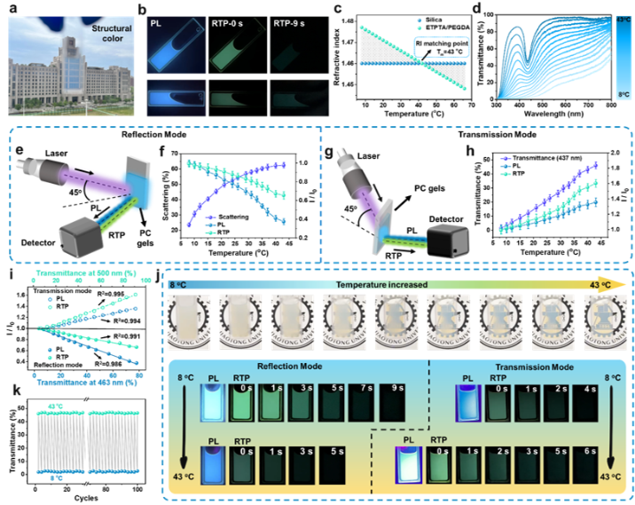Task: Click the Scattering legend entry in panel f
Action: [237, 216]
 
